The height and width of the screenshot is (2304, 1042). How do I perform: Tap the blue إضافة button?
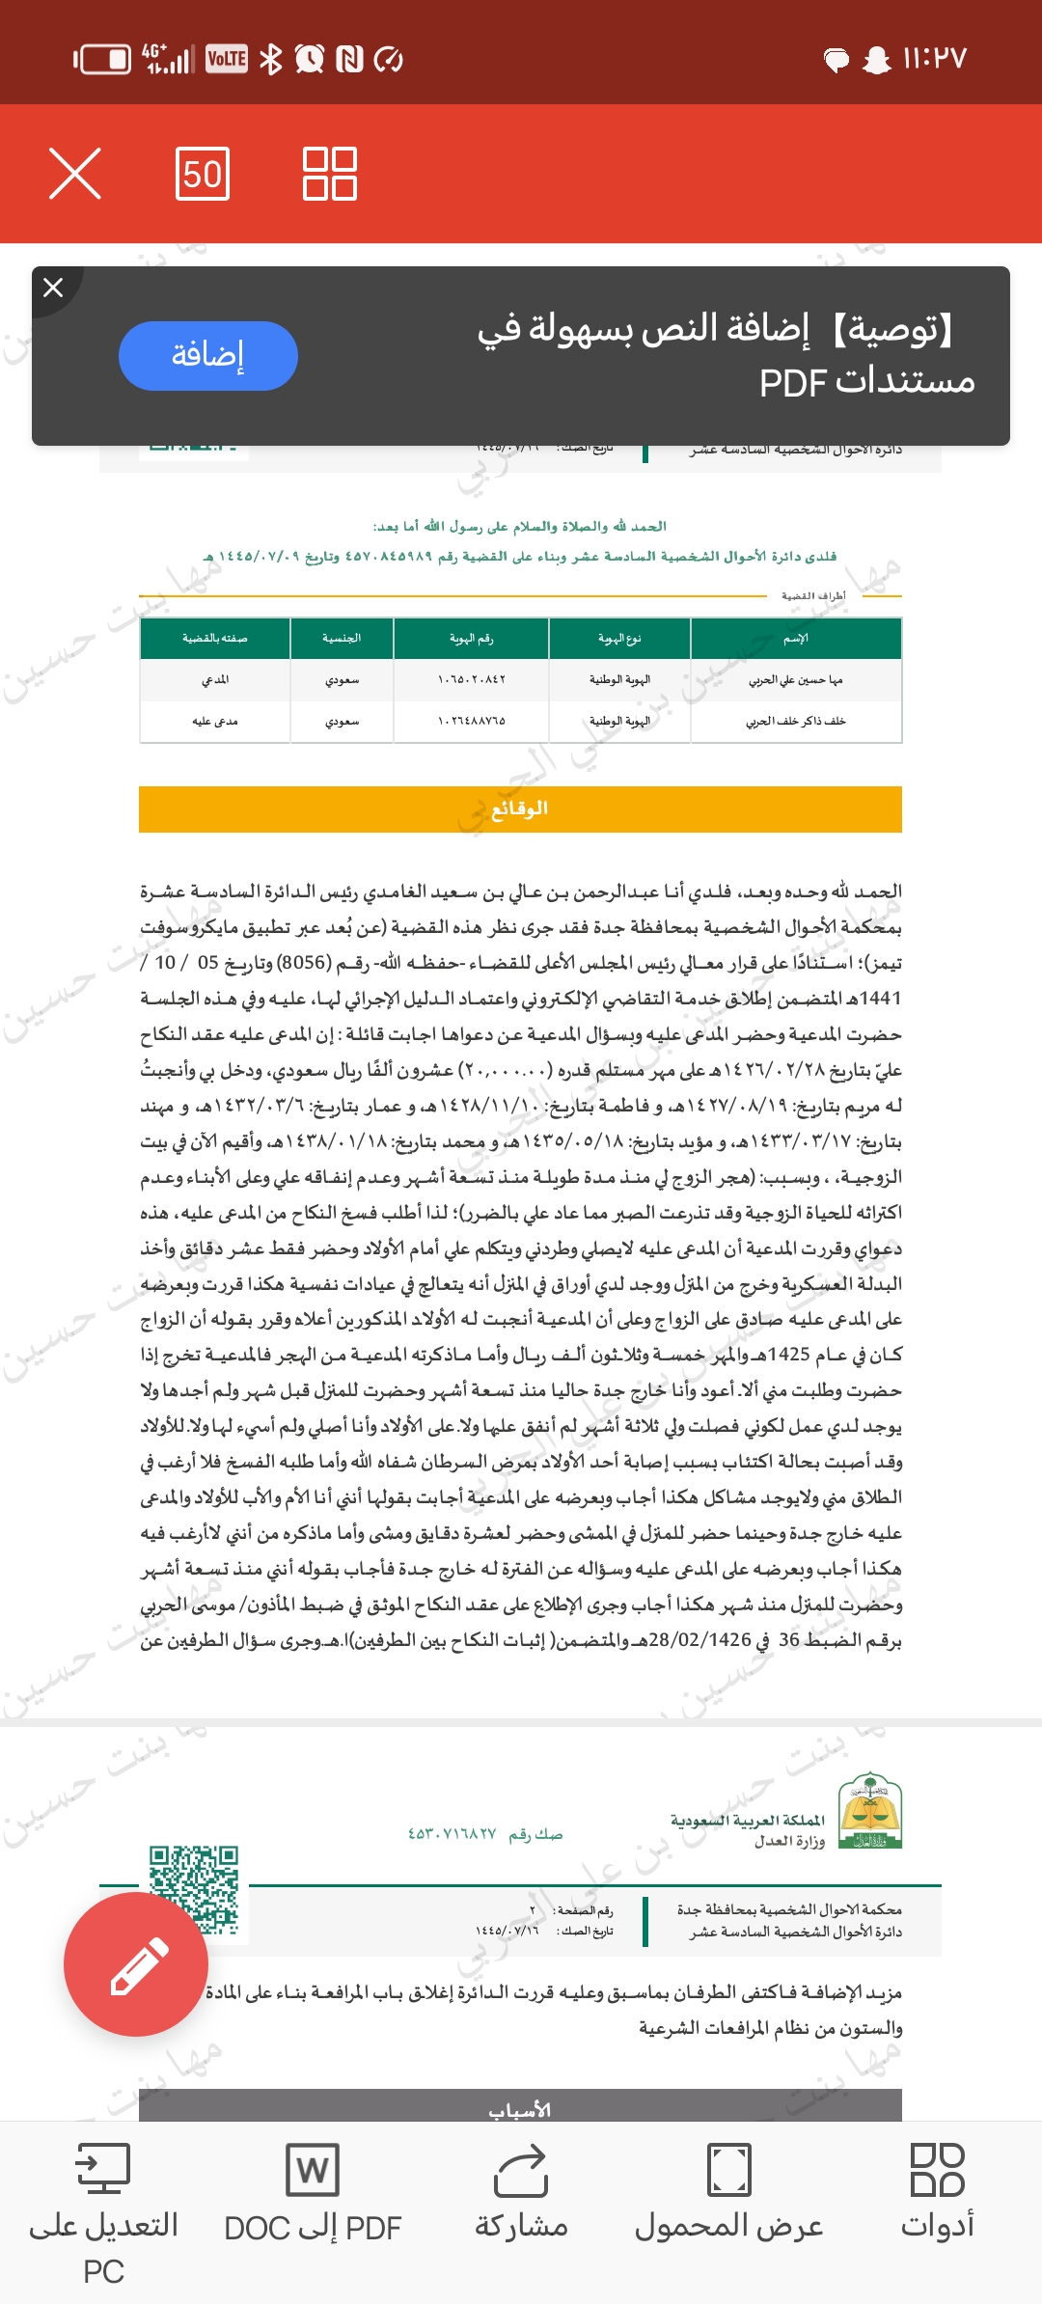pos(207,355)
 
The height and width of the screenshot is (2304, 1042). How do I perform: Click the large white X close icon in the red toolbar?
pos(75,174)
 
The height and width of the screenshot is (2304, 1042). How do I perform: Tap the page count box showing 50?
pos(203,174)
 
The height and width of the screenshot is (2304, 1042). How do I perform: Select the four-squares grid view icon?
pos(330,174)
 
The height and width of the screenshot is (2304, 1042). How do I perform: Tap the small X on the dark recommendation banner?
pos(54,288)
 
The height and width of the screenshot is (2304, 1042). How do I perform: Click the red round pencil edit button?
pos(136,1963)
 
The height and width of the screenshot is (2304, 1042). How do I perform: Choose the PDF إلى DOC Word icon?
pos(313,2171)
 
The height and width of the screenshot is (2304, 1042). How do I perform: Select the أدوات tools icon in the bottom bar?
pos(937,2171)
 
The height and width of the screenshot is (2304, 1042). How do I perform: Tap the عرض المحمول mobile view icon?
pos(729,2171)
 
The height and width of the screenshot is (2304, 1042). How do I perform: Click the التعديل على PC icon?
pos(103,2171)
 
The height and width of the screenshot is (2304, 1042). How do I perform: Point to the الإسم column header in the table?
pos(796,639)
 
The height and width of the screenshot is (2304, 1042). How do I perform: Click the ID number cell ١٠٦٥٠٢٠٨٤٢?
pos(471,680)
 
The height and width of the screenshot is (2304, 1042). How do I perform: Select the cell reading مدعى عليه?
pos(215,721)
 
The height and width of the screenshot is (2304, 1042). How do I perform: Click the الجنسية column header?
pos(342,639)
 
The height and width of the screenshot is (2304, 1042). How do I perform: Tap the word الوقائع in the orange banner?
pos(520,809)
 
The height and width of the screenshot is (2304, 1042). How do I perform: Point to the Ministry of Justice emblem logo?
pos(870,1811)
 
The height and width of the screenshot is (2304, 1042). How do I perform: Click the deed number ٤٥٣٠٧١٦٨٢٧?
pos(452,1834)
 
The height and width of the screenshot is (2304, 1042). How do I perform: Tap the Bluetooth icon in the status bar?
pos(271,60)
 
